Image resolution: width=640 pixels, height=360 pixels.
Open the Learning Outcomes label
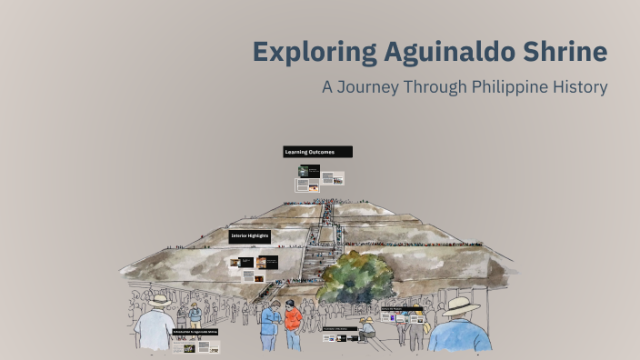(x=316, y=152)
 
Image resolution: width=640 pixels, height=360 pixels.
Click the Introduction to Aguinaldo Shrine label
(x=195, y=332)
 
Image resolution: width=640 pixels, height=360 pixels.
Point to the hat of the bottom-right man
(x=460, y=305)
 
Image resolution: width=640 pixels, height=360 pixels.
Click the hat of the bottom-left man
(x=161, y=300)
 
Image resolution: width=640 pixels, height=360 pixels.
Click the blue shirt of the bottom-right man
(x=460, y=336)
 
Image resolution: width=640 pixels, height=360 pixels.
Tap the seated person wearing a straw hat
(x=366, y=327)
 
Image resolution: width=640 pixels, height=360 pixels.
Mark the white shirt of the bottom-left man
(x=155, y=332)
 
